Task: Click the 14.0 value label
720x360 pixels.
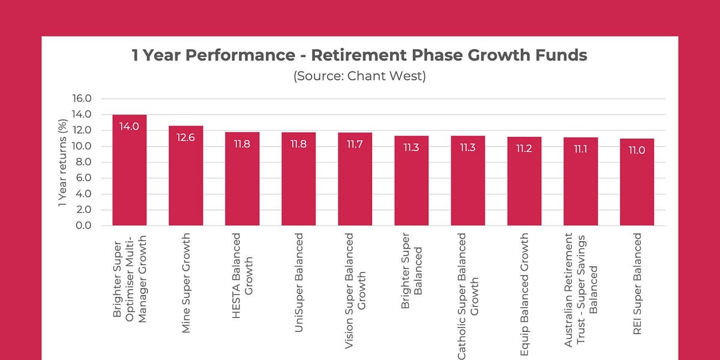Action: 130,127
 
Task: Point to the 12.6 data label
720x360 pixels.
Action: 186,137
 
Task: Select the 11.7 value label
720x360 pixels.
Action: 355,144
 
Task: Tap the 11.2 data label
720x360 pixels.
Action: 524,148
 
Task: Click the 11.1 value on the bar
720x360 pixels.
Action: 581,149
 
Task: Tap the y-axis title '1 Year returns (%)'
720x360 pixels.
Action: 62,162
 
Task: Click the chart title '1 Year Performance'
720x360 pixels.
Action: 359,56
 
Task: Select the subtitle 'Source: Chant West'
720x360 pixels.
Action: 359,77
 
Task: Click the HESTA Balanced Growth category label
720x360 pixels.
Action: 242,261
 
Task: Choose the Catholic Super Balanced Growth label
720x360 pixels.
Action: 468,294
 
